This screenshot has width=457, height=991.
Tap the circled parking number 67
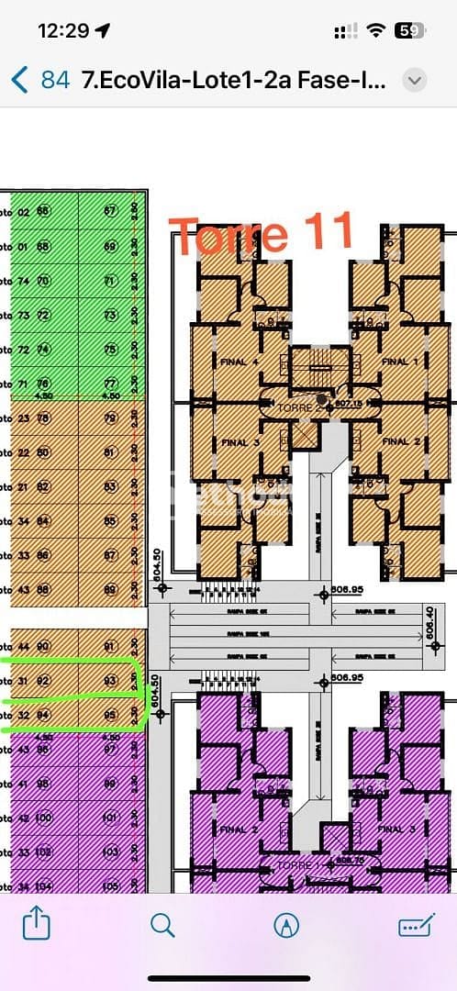point(110,211)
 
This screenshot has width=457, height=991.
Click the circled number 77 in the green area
point(110,384)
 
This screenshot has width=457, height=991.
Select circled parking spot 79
point(110,418)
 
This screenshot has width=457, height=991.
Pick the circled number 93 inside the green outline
point(110,680)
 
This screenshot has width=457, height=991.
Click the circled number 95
point(110,715)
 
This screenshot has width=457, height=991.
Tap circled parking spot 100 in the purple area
point(44,818)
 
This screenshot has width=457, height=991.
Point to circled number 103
point(110,852)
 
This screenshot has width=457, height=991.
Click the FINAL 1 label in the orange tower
point(395,362)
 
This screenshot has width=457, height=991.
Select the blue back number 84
point(55,80)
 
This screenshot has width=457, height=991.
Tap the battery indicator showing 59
point(408,30)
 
